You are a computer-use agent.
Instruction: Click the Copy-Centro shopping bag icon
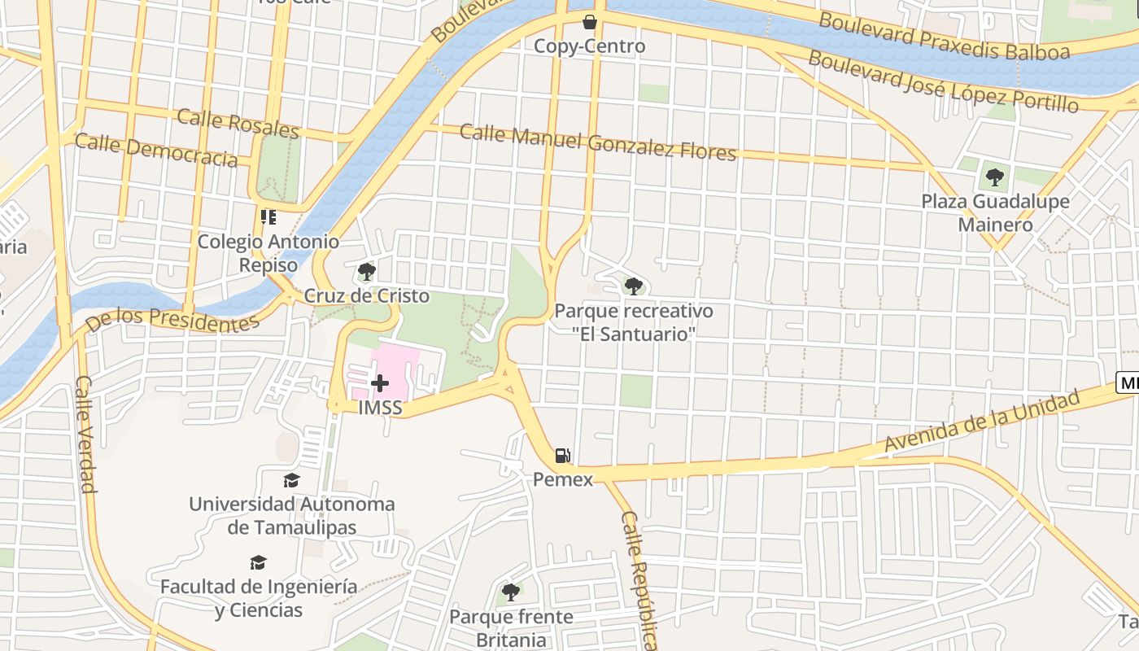(589, 22)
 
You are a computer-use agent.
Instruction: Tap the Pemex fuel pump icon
(562, 456)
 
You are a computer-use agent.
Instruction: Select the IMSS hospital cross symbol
(379, 382)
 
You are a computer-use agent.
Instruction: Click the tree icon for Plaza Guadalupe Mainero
(994, 176)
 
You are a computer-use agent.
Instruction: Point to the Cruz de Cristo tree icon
(367, 271)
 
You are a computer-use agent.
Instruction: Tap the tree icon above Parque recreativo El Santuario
(633, 286)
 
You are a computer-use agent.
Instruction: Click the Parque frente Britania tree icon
(510, 592)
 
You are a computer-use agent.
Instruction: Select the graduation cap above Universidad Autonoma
(291, 480)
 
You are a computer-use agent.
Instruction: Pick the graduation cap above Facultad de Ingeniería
(258, 562)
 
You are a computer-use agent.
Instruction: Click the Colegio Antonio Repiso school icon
(268, 217)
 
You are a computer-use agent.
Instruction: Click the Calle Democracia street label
(156, 151)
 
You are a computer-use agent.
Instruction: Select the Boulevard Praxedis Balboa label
(944, 37)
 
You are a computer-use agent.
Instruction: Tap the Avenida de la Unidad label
(982, 422)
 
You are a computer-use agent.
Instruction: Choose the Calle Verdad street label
(85, 435)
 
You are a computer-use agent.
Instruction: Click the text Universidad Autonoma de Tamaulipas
(291, 515)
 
